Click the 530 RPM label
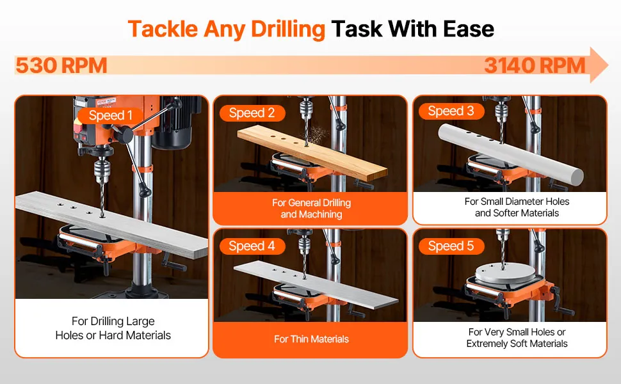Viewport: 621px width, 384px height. (61, 65)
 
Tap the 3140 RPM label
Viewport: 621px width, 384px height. (535, 65)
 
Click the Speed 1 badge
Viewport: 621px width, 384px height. (110, 116)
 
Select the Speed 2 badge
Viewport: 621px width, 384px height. (252, 113)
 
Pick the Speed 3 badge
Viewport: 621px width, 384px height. (451, 111)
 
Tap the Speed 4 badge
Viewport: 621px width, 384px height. (252, 246)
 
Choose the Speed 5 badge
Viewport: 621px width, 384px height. (451, 246)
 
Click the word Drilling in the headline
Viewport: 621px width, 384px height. (288, 29)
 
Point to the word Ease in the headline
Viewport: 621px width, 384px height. (469, 29)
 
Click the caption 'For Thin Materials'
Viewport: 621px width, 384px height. (311, 339)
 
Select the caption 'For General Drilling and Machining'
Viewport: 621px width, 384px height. (311, 209)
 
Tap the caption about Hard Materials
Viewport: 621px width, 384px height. (113, 328)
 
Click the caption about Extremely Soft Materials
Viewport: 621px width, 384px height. (517, 338)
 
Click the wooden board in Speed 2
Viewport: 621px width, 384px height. (312, 153)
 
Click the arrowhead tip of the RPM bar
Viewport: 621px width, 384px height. (608, 65)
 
